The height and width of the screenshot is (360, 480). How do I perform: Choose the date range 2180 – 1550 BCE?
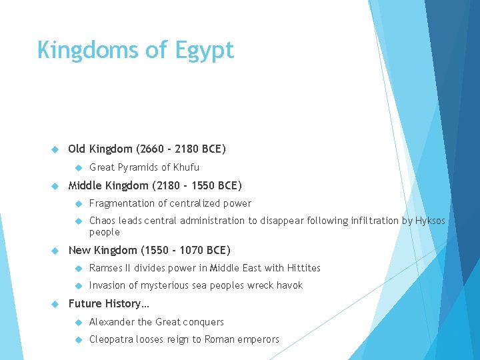(x=197, y=185)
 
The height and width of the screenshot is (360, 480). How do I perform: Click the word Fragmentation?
(x=121, y=203)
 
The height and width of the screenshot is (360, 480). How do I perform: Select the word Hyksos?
(x=431, y=221)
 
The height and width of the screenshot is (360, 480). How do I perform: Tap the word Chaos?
(x=103, y=221)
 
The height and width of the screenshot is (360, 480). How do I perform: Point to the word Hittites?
(x=303, y=268)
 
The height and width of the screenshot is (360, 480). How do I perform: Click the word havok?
(x=289, y=285)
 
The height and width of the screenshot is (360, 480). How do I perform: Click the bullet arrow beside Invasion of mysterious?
(x=77, y=285)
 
